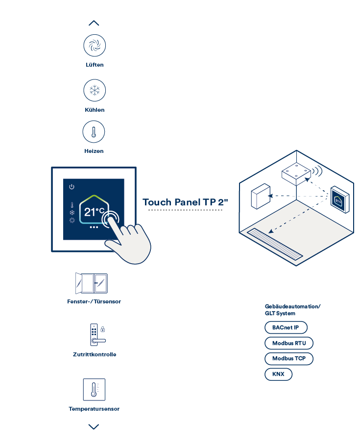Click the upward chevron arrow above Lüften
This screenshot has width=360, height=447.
pyautogui.click(x=94, y=23)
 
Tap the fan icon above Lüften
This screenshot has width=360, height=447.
pyautogui.click(x=95, y=46)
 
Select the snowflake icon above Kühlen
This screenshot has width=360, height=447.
pyautogui.click(x=95, y=90)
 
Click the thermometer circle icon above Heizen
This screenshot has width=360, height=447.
pyautogui.click(x=94, y=132)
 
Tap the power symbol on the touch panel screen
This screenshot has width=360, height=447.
pyautogui.click(x=72, y=187)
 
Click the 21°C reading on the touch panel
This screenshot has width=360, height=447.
pyautogui.click(x=94, y=212)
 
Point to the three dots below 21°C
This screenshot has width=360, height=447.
pyautogui.click(x=94, y=227)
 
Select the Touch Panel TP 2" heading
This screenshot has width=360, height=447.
pyautogui.click(x=186, y=202)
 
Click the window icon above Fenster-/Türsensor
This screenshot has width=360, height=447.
pyautogui.click(x=92, y=283)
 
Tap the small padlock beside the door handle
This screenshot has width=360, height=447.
pyautogui.click(x=103, y=329)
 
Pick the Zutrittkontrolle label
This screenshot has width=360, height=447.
pyautogui.click(x=95, y=354)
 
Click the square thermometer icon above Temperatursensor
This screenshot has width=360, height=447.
pyautogui.click(x=94, y=390)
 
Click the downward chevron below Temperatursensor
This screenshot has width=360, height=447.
pyautogui.click(x=94, y=426)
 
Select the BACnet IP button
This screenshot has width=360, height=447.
pyautogui.click(x=286, y=327)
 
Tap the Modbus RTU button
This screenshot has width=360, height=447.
pyautogui.click(x=289, y=343)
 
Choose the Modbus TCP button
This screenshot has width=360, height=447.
pyautogui.click(x=289, y=359)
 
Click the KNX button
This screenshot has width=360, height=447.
pyautogui.click(x=279, y=374)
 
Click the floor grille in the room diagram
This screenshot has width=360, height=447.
pyautogui.click(x=275, y=244)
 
